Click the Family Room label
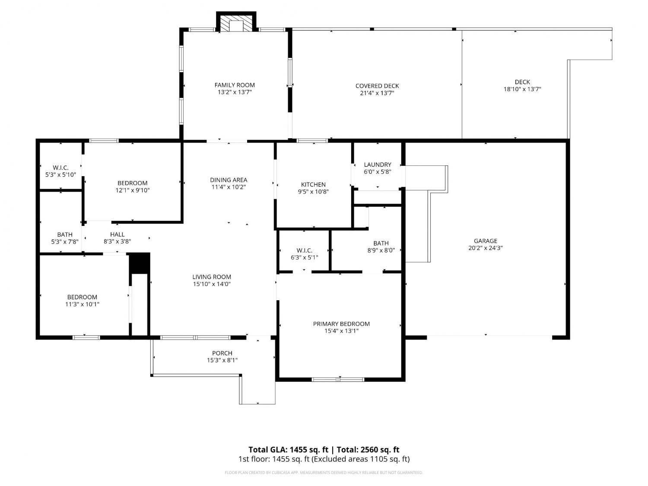tap(235, 85)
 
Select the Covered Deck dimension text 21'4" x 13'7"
tap(377, 93)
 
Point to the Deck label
tap(522, 82)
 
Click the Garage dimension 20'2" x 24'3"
tap(485, 248)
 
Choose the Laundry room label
tap(377, 165)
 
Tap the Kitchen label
tap(313, 184)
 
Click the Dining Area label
tap(229, 180)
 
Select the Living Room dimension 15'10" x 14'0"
tap(212, 284)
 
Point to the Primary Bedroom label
tap(341, 324)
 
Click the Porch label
tap(222, 353)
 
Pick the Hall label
tap(117, 234)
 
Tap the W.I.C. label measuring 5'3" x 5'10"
tap(60, 168)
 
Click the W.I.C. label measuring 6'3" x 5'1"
tap(305, 250)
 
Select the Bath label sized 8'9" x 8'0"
tap(381, 243)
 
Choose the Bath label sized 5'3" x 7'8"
tap(65, 234)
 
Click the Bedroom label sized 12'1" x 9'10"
tap(132, 183)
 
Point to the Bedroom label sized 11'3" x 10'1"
tap(82, 297)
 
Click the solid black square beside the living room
tap(140, 263)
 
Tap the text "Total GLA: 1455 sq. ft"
tap(288, 449)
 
